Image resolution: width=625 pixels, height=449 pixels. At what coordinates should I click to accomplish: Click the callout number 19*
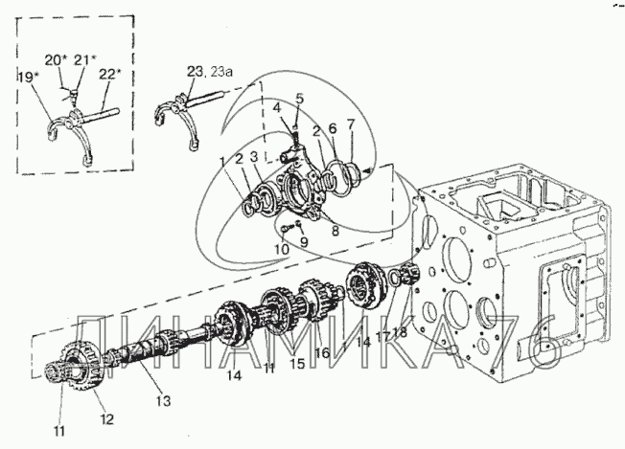[27, 77]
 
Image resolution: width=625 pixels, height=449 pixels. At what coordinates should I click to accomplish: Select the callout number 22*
[109, 75]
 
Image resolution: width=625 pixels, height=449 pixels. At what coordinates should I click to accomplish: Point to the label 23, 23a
[210, 72]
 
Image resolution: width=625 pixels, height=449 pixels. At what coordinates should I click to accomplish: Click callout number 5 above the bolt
[299, 98]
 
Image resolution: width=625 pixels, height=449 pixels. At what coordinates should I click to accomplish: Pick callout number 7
[351, 124]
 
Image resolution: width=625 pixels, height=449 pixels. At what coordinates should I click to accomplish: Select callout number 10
[282, 249]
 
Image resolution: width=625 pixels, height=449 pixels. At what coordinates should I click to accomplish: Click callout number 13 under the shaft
[163, 400]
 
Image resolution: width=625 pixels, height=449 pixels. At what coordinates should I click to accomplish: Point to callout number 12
[106, 418]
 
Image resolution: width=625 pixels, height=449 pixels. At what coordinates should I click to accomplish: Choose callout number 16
[322, 352]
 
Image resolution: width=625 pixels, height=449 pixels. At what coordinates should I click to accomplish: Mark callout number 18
[400, 331]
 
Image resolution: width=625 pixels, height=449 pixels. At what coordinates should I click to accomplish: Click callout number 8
[336, 231]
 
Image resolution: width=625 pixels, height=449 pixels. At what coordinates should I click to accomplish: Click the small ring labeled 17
[392, 277]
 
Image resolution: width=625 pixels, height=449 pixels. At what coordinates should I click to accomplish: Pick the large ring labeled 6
[336, 177]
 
